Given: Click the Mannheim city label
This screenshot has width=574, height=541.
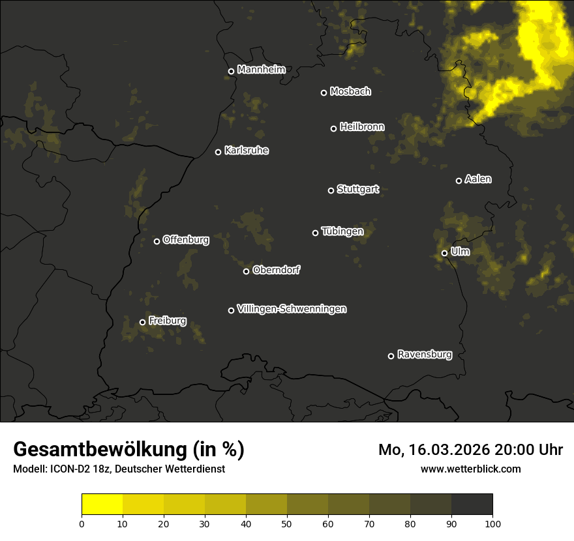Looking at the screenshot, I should (261, 69).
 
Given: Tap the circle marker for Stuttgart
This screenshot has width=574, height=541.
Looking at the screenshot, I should (331, 190).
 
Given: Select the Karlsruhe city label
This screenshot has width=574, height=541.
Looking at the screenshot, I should (246, 151).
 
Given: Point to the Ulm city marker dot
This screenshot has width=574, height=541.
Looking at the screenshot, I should (444, 253).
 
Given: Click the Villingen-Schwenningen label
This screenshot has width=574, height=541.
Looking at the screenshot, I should (292, 309).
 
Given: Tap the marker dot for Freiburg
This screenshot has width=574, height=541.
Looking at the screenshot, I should (142, 322).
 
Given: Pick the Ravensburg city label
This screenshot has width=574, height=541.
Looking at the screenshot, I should (424, 355).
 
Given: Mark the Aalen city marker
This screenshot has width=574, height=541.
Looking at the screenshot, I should (459, 181).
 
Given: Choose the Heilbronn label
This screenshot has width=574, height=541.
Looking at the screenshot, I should (362, 126).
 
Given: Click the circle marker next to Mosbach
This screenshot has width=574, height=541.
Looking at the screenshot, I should (324, 93).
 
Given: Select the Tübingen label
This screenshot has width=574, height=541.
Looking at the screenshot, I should (342, 231).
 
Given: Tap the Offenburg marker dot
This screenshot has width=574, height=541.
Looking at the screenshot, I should (157, 241).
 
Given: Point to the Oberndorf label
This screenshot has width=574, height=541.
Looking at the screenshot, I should (276, 270).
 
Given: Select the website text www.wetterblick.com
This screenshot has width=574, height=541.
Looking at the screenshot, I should (470, 469).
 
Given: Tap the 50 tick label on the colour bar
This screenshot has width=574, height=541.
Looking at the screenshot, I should (287, 523).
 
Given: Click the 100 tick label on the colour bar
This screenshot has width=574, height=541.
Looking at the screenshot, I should (492, 523).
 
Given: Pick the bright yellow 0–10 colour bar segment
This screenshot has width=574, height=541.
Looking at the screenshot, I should (102, 504).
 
